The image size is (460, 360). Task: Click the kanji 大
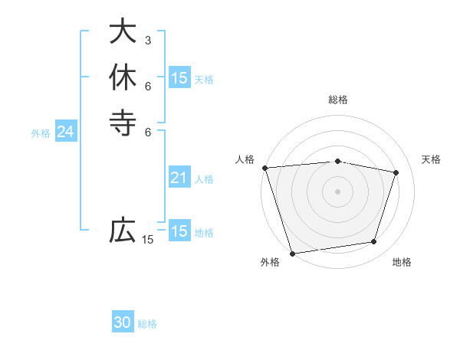pyautogui.click(x=123, y=31)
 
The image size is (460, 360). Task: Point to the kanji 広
pyautogui.click(x=123, y=230)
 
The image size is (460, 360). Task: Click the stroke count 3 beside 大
pyautogui.click(x=148, y=40)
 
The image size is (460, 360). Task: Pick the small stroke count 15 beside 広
pyautogui.click(x=148, y=240)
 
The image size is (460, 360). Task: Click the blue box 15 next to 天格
pyautogui.click(x=179, y=78)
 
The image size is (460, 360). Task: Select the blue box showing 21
pyautogui.click(x=179, y=178)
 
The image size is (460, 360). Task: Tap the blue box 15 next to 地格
pyautogui.click(x=179, y=231)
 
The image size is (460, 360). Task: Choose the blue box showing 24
pyautogui.click(x=66, y=132)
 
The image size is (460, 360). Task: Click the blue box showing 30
pyautogui.click(x=123, y=322)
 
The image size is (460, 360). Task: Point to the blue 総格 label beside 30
pyautogui.click(x=147, y=324)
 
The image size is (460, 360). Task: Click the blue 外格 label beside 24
pyautogui.click(x=41, y=133)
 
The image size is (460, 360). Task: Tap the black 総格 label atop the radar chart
pyautogui.click(x=338, y=100)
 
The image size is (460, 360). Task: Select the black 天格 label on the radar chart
pyautogui.click(x=432, y=159)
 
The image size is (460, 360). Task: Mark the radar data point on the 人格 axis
pyautogui.click(x=264, y=168)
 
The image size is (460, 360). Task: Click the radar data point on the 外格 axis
pyautogui.click(x=292, y=254)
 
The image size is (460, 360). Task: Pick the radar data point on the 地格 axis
pyautogui.click(x=374, y=242)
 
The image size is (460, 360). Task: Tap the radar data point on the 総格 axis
pyautogui.click(x=338, y=161)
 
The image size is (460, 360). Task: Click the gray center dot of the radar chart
pyautogui.click(x=338, y=191)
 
